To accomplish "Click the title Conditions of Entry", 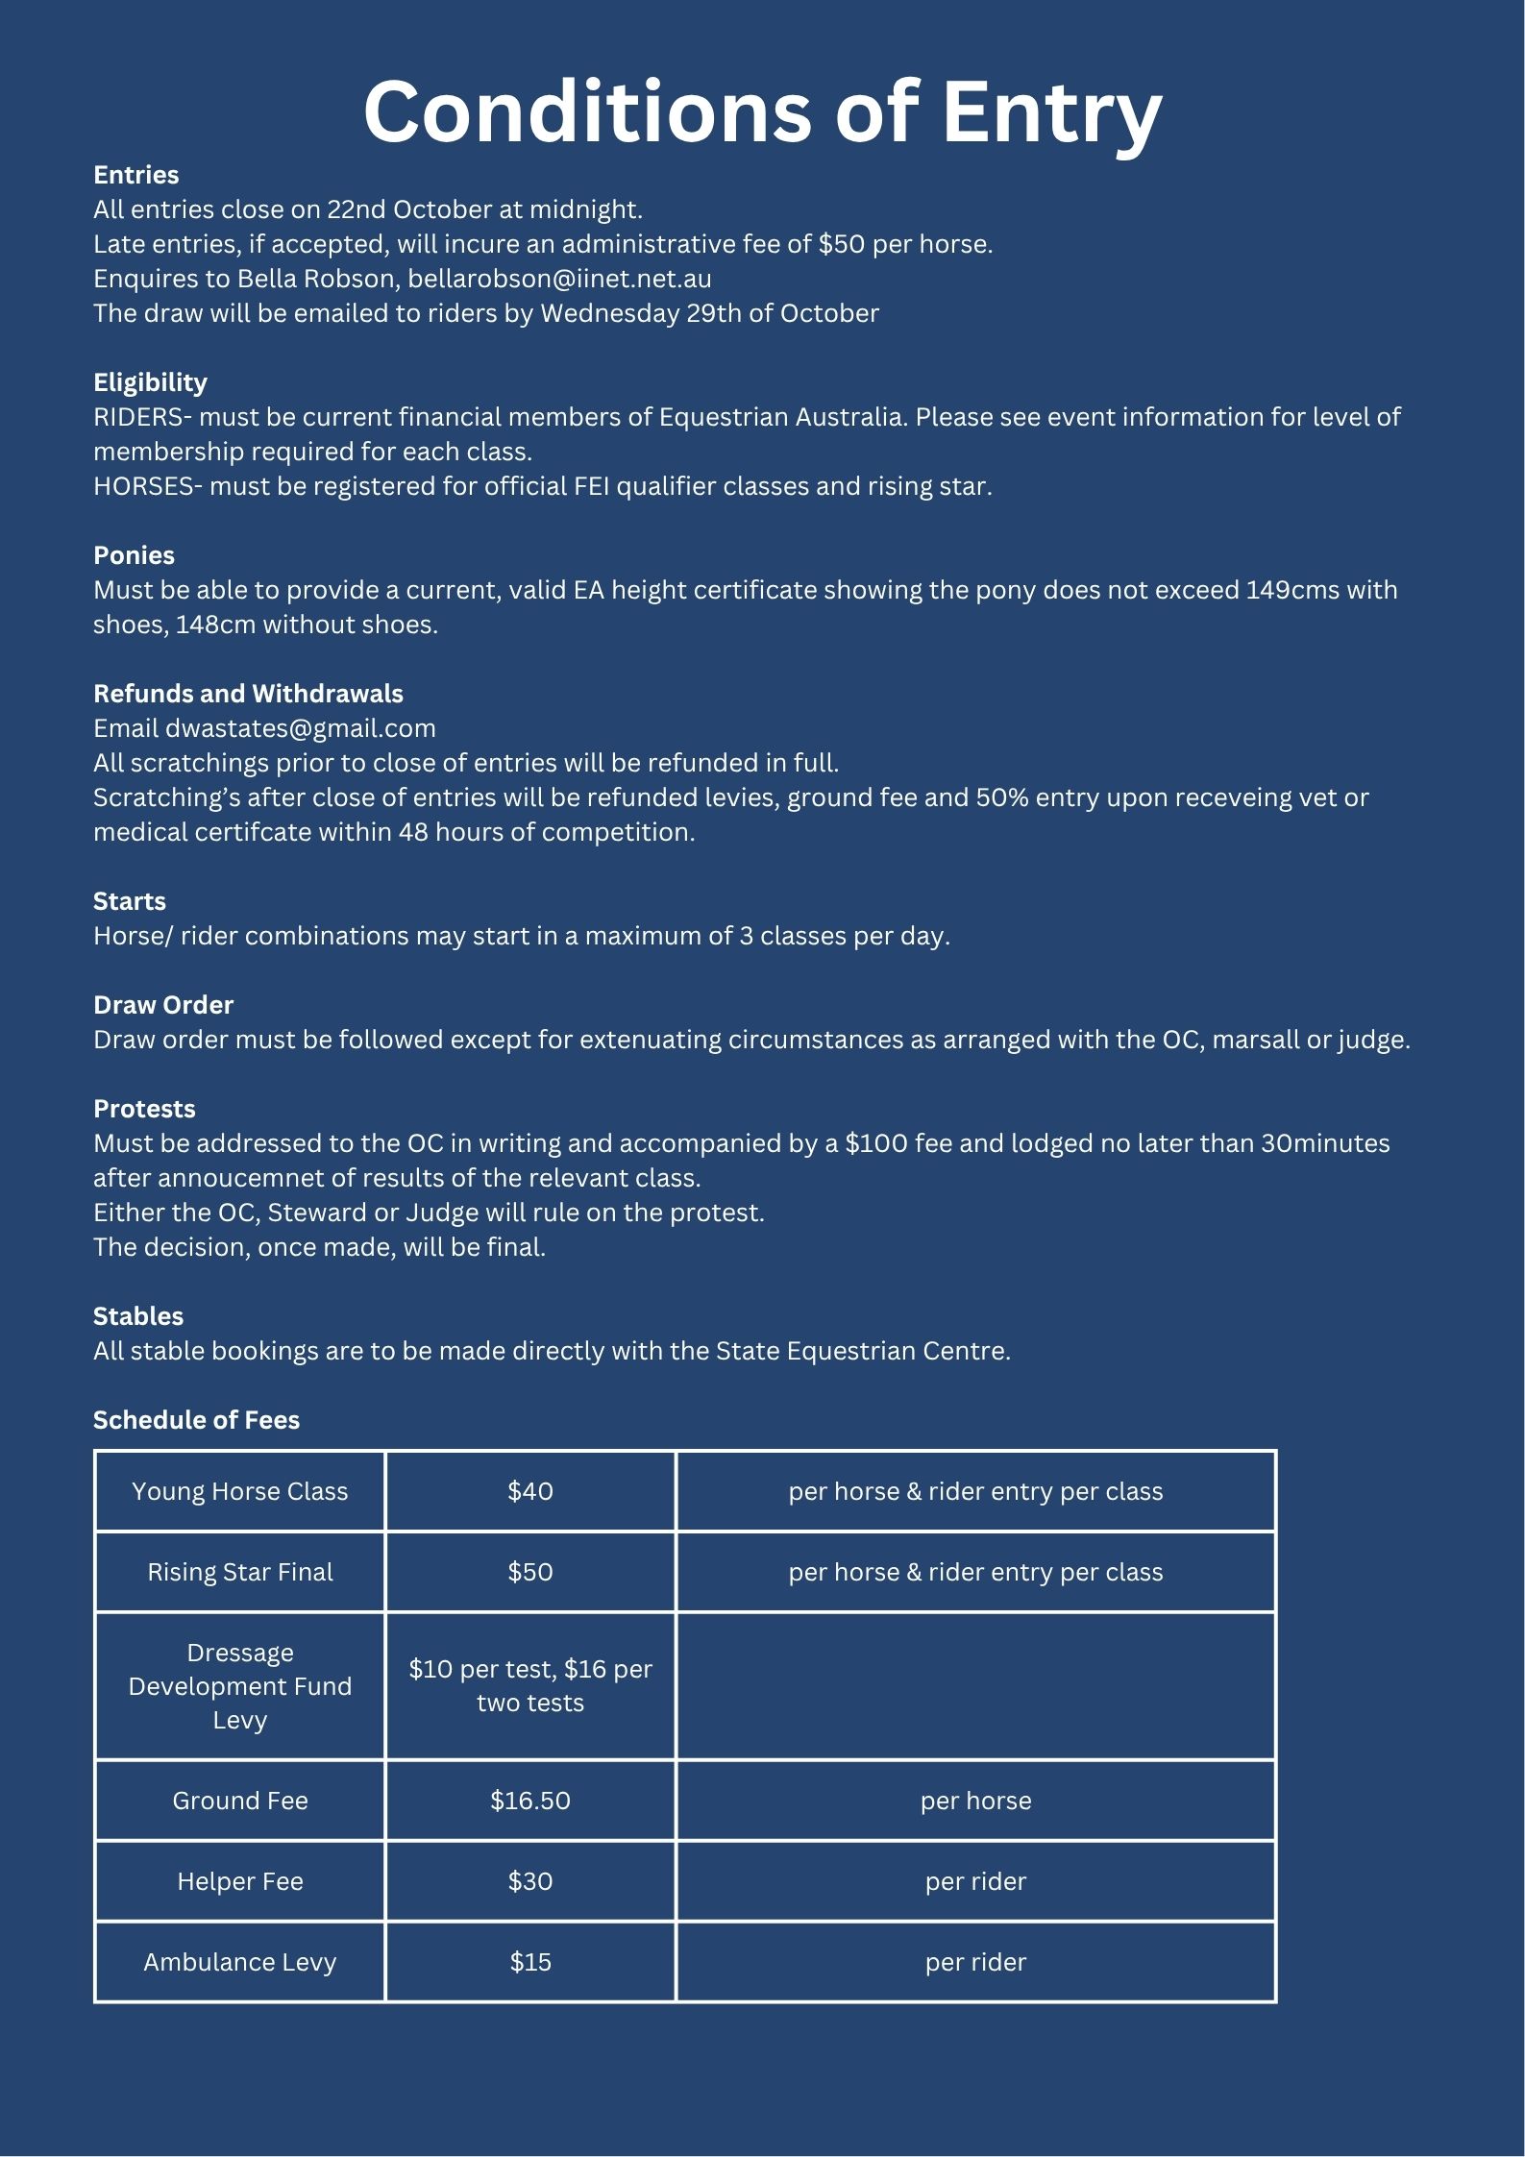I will tap(762, 112).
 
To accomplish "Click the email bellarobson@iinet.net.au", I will tap(559, 279).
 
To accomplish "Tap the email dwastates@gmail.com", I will tap(300, 728).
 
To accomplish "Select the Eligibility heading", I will tap(150, 382).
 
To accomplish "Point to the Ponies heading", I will tap(134, 555).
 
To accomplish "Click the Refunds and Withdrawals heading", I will tap(248, 694).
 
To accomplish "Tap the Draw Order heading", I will tap(163, 1005).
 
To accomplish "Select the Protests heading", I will tap(144, 1109).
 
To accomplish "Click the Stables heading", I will tap(138, 1316).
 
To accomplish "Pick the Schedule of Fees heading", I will tap(196, 1420).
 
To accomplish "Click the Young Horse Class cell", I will tap(240, 1491).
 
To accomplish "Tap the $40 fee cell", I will tap(530, 1491).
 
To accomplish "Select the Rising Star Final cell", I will tap(240, 1572).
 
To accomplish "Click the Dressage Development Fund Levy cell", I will tap(240, 1686).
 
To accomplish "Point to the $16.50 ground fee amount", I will tap(530, 1801).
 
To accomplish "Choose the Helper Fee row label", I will tap(240, 1881).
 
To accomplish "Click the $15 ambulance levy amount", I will tap(530, 1962).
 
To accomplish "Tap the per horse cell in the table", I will tap(975, 1801).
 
